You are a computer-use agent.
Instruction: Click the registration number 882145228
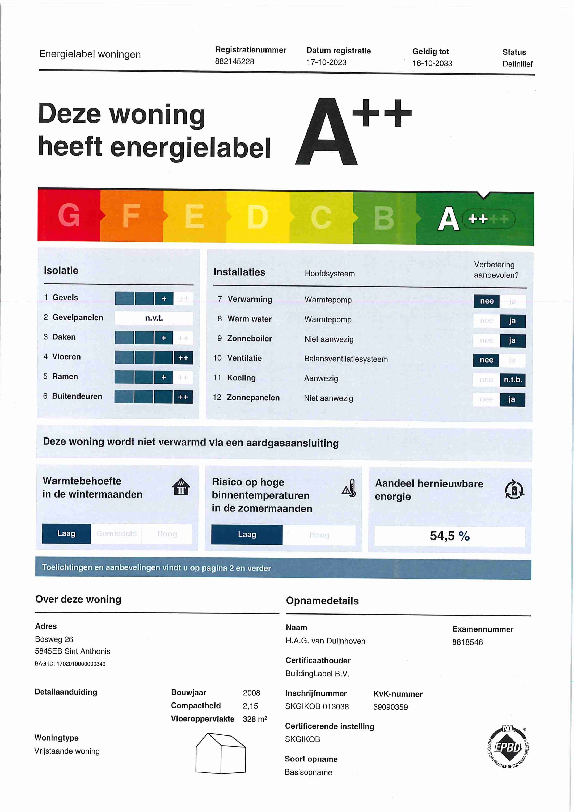[234, 62]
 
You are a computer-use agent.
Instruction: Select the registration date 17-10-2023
[326, 62]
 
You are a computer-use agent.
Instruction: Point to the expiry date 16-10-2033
[432, 63]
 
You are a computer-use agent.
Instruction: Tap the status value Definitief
[517, 64]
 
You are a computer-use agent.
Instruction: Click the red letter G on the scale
[69, 215]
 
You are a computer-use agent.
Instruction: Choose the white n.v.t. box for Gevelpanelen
[154, 318]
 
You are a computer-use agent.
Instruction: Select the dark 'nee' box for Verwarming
[487, 301]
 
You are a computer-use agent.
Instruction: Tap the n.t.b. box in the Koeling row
[512, 380]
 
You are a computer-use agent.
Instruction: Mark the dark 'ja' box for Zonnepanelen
[512, 400]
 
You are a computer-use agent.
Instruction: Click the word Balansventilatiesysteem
[346, 359]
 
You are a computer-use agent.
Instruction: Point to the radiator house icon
[181, 487]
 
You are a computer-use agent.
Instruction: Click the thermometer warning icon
[349, 489]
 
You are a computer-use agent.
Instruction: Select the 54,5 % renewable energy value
[450, 536]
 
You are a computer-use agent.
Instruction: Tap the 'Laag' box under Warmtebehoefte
[66, 533]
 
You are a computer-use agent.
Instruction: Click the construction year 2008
[251, 692]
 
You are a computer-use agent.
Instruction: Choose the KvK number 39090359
[390, 707]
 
